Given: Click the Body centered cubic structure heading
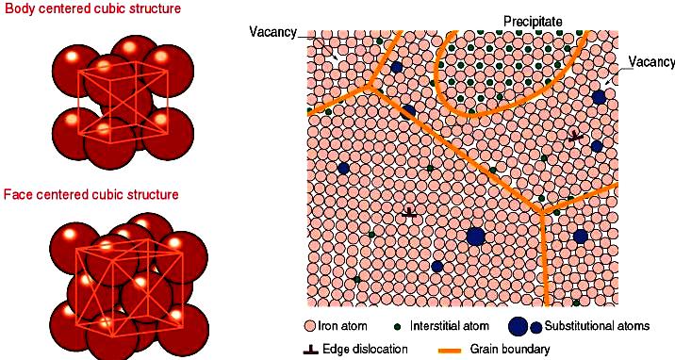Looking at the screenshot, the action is click(x=92, y=8).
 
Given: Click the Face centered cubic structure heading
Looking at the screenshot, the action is click(x=91, y=194).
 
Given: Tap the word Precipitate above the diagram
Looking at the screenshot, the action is click(x=533, y=22).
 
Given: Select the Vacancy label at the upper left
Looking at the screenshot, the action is click(x=273, y=32).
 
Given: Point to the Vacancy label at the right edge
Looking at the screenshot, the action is click(x=651, y=62).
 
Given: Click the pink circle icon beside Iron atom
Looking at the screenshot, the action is click(x=309, y=325).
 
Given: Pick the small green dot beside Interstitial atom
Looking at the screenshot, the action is click(x=397, y=327).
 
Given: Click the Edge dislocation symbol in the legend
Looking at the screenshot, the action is click(x=311, y=349).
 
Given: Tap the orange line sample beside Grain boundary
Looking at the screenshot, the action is click(x=450, y=351).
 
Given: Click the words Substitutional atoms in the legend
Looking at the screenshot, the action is click(x=597, y=325).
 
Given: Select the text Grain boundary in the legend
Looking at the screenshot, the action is click(x=510, y=350).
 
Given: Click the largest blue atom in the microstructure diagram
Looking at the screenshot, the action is click(x=476, y=237).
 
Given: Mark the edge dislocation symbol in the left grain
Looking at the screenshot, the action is click(x=409, y=212).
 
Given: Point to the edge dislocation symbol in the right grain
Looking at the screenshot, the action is click(x=575, y=137).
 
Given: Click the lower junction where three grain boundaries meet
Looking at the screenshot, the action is click(x=541, y=212).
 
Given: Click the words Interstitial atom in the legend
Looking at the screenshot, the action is click(x=450, y=325).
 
